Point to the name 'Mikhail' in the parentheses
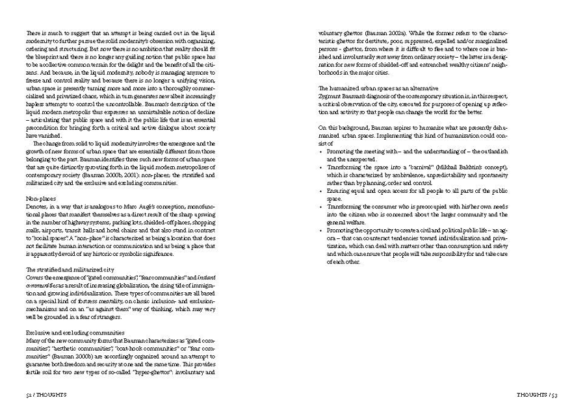pyautogui.click(x=445, y=168)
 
